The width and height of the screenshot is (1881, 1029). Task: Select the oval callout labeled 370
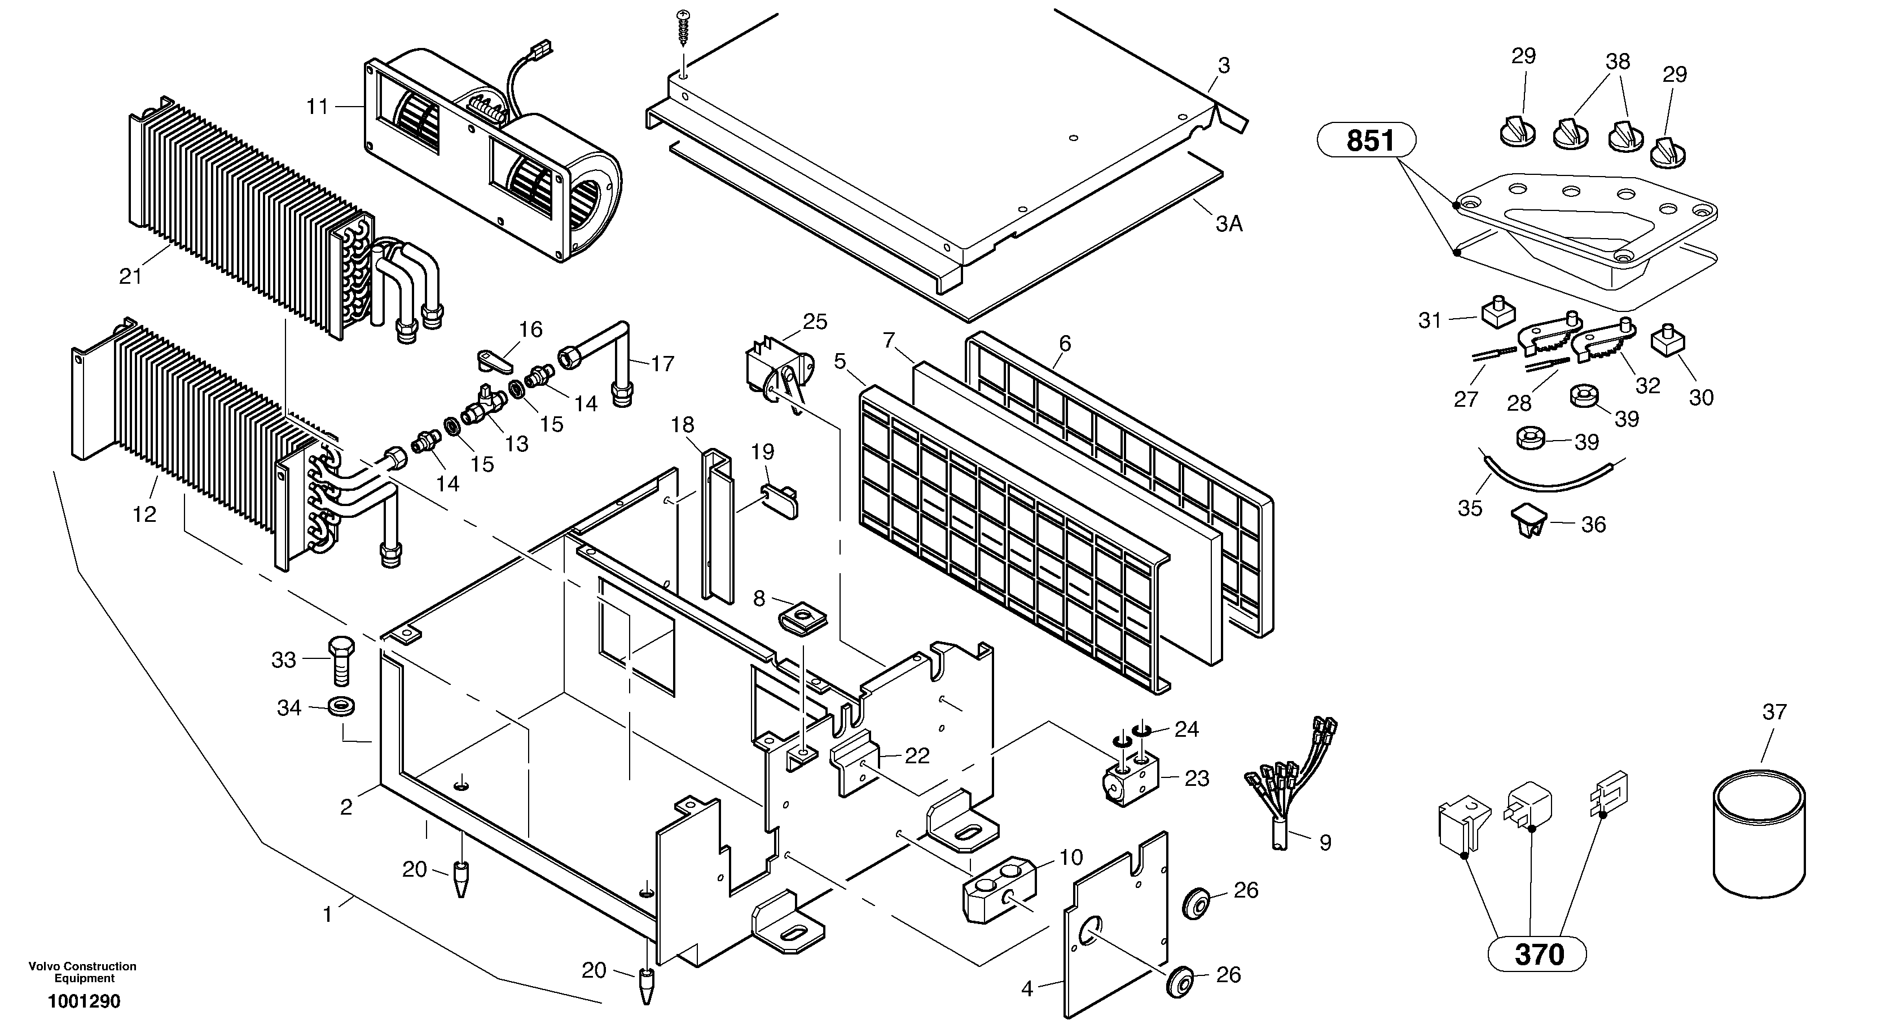(x=1538, y=954)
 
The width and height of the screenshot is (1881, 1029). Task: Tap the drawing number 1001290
(x=84, y=1001)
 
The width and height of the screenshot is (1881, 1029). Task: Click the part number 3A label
(x=1229, y=223)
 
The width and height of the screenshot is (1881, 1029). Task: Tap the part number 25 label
(x=815, y=322)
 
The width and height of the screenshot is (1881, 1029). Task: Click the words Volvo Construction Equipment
(x=82, y=972)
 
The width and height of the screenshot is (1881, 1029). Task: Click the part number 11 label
(x=317, y=107)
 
